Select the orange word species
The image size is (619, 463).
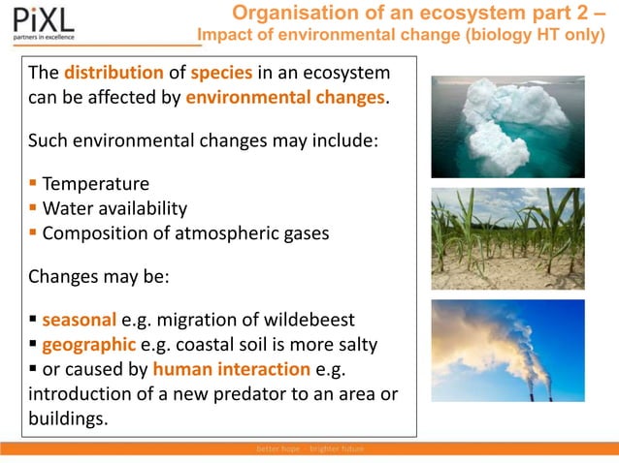[222, 74]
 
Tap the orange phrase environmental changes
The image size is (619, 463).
[285, 99]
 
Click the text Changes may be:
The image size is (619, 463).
[99, 277]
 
